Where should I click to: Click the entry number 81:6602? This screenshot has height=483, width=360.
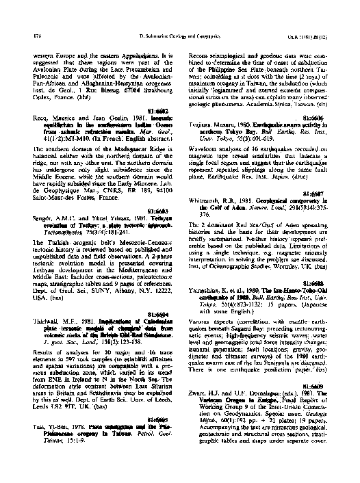[158, 110]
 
